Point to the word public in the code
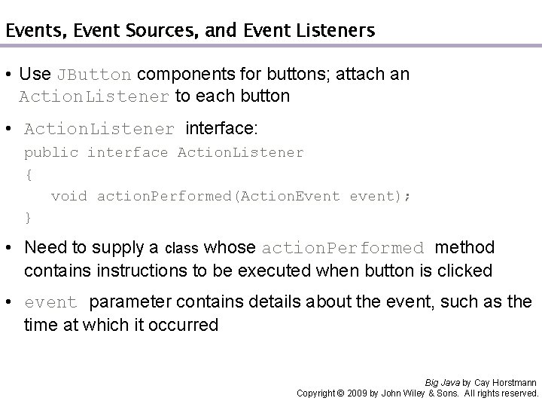(50, 153)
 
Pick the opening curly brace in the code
(28, 174)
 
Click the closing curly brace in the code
(28, 218)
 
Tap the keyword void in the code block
(69, 196)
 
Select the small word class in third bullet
(181, 248)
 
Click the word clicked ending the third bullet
(467, 269)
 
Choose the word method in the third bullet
(465, 247)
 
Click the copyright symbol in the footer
(340, 393)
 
